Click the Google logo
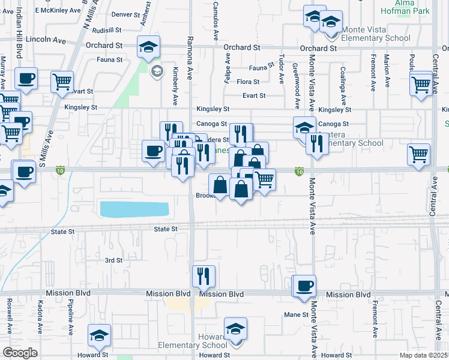pos(20,353)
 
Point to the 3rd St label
pos(113,260)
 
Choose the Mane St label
pos(296,314)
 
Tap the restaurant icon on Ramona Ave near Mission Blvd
pos(203,276)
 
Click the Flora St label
pos(248,82)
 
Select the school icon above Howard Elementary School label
pos(236,329)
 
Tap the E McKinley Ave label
pos(58,11)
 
